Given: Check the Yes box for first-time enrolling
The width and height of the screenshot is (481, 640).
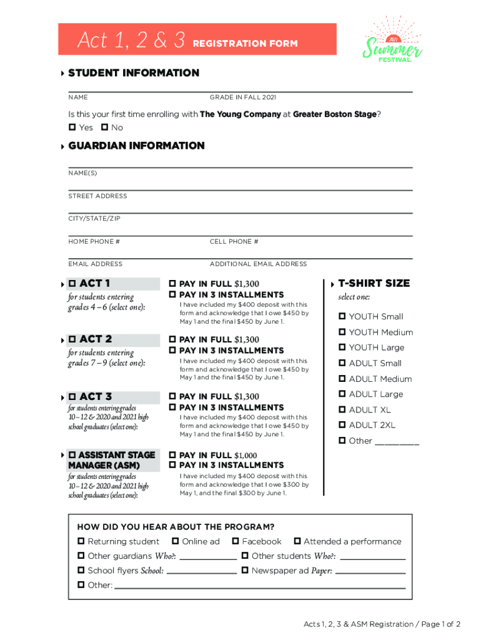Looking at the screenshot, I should click(72, 127).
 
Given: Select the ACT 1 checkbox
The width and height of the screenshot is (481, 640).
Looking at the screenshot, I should click(72, 284).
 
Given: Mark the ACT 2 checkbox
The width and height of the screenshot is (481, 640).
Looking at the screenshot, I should click(72, 339).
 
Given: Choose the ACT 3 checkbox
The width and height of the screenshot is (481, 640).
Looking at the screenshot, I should click(72, 397).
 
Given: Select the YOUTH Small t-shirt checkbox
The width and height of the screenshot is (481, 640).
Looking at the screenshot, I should click(342, 316).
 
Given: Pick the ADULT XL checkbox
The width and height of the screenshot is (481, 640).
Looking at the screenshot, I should click(342, 409).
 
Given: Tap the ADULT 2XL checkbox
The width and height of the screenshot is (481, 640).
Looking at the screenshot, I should click(342, 425).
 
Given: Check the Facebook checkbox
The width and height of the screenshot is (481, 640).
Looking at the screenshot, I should click(236, 541).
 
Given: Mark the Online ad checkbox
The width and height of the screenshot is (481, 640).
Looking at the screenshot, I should click(176, 541).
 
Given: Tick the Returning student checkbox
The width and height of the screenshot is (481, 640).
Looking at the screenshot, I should click(81, 541).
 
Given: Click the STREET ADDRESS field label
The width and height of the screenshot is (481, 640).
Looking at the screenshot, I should click(97, 196).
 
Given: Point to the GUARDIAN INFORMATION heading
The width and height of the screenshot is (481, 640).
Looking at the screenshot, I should click(136, 146).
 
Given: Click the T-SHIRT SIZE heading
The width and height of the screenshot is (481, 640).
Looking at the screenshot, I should click(374, 283).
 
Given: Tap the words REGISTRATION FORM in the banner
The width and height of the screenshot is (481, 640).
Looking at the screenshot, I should click(245, 44).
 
